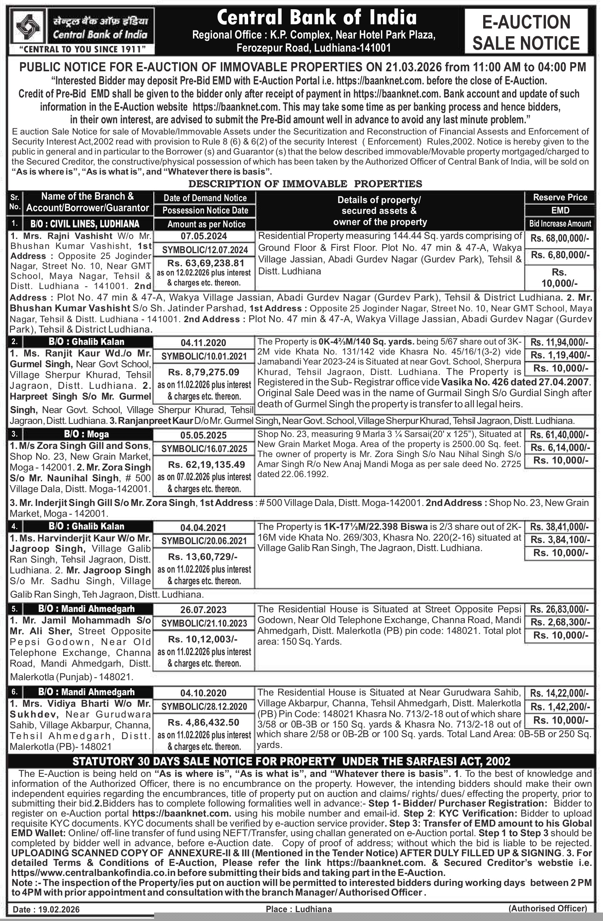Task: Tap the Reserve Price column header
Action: pos(559,197)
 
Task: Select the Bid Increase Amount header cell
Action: pos(559,224)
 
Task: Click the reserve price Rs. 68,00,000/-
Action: pos(559,239)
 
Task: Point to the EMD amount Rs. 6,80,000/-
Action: pos(559,255)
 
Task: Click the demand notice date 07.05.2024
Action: pos(203,236)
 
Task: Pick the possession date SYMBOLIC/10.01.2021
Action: pos(204,356)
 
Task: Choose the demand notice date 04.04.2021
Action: pos(203,528)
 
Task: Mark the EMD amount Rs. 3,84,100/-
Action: pos(559,539)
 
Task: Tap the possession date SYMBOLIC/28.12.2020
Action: pos(204,707)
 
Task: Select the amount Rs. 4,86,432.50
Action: pos(203,723)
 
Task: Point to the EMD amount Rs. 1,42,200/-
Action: pos(559,707)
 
